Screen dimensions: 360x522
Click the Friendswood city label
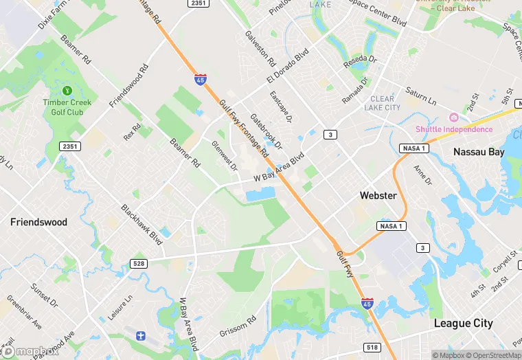(x=38, y=223)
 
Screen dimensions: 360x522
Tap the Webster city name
(x=378, y=196)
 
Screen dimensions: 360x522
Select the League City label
(x=463, y=324)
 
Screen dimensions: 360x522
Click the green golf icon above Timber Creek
(x=67, y=91)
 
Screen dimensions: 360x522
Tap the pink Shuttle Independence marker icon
(x=453, y=117)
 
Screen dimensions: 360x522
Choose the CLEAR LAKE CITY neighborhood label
(x=381, y=103)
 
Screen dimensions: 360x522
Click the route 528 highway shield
(x=138, y=263)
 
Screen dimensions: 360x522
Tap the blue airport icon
(x=141, y=335)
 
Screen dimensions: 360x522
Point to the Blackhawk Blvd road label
(x=141, y=224)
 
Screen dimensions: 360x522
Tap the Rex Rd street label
(x=132, y=132)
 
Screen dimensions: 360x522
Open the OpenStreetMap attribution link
(x=489, y=355)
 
